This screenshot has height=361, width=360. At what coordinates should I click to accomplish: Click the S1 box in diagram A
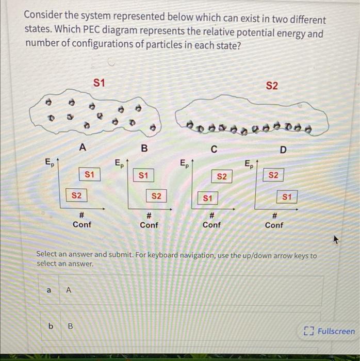point(89,175)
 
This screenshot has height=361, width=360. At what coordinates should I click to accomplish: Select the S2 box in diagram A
point(76,195)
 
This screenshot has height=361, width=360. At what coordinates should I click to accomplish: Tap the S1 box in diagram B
point(143,175)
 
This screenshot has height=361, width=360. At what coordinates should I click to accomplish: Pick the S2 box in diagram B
point(156,196)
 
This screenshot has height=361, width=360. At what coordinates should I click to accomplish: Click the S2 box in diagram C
point(222,176)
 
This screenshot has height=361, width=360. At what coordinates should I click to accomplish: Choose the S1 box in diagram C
point(207,197)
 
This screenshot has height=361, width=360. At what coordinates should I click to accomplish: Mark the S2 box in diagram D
point(273,175)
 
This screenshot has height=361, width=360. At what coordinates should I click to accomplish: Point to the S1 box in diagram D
point(287,196)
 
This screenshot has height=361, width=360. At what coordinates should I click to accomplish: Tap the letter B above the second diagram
point(144,149)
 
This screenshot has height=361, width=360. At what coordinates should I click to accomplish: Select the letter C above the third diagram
point(214,150)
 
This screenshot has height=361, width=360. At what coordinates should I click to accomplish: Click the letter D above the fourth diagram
point(282,150)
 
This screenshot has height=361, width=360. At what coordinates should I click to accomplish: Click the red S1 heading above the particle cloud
point(100,83)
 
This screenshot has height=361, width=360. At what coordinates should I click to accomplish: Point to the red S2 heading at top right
point(272,85)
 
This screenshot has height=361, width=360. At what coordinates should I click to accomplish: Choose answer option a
point(49,290)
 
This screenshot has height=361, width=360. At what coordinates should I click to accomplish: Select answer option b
point(51,326)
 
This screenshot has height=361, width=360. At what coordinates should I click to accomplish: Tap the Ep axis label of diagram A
point(49,164)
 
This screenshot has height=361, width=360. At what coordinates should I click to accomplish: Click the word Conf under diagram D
point(274,225)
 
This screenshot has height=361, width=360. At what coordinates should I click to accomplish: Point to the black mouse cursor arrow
point(336,239)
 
